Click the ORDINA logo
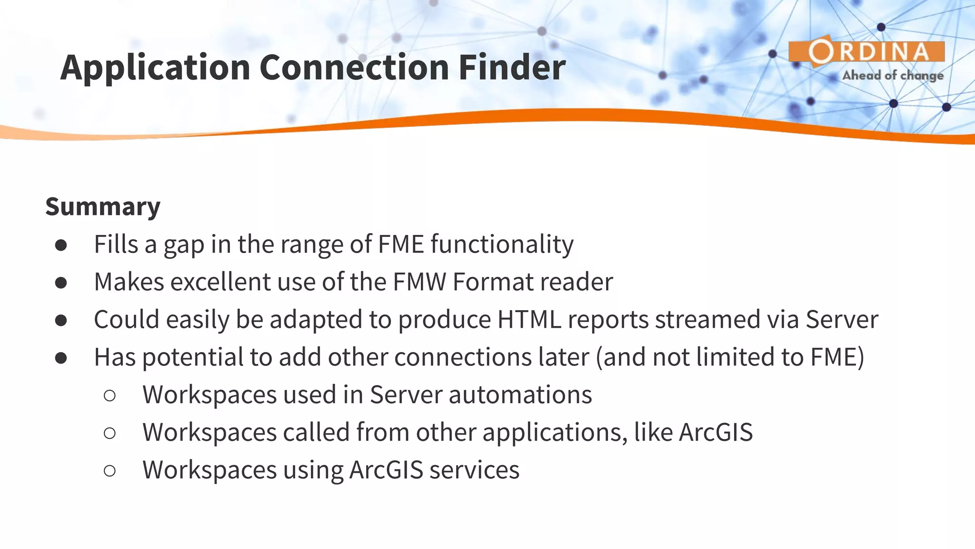866,51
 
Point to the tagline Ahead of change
893,75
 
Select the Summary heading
103,206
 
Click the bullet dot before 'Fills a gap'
61,245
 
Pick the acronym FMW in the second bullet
419,282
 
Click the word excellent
220,282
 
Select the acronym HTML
529,319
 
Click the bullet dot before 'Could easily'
61,320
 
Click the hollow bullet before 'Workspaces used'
109,396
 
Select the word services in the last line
474,470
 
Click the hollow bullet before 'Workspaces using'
109,471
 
